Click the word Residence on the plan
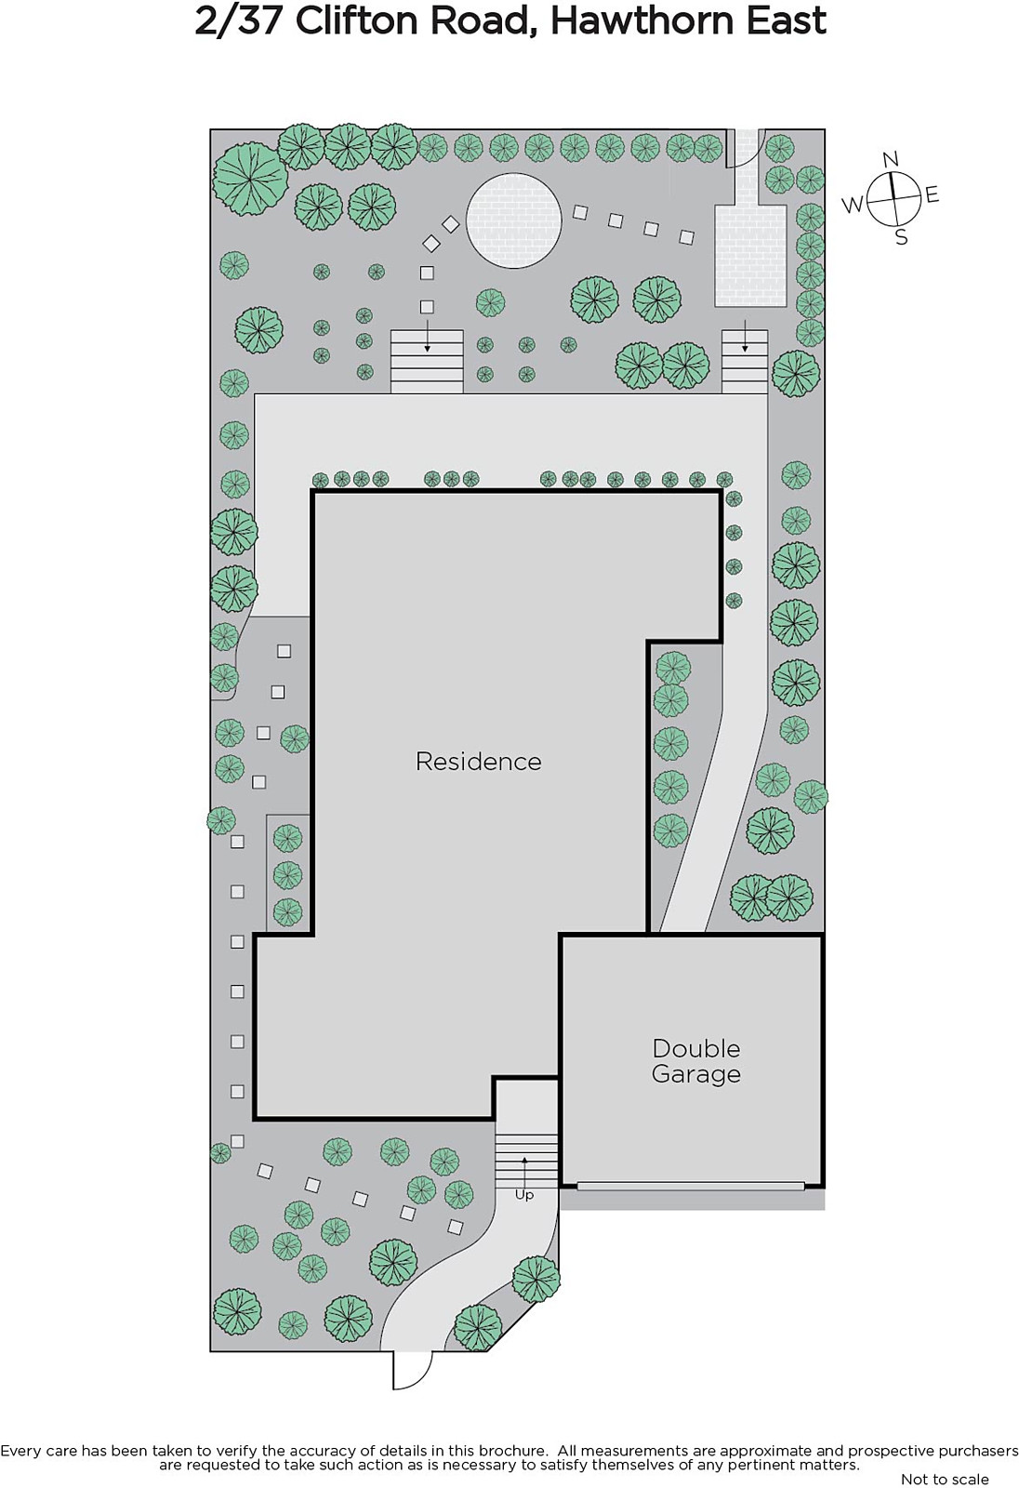point(478,762)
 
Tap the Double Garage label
point(696,1061)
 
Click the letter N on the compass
point(891,159)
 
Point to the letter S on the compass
point(902,236)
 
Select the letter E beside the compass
point(932,194)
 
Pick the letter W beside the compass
point(853,205)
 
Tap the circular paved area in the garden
point(513,220)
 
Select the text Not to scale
point(945,1480)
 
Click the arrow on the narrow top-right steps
point(745,337)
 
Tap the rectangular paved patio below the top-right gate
point(750,256)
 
